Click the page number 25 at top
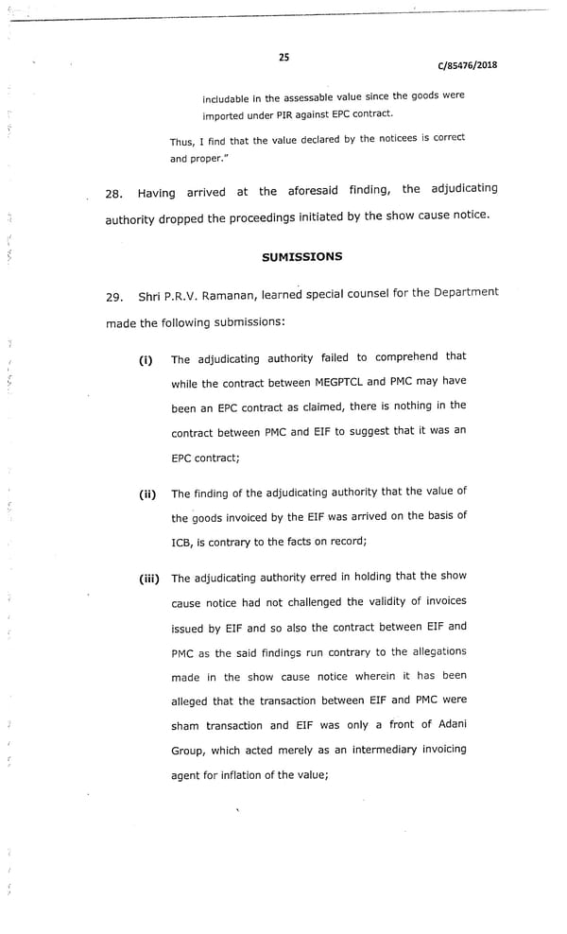tap(283, 58)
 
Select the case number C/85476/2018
tap(467, 65)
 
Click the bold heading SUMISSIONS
tap(301, 256)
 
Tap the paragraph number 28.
tap(115, 194)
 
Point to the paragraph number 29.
tap(115, 298)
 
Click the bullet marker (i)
tap(146, 359)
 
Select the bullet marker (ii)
tap(147, 493)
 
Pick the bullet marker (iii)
tap(150, 579)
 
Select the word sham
tap(186, 725)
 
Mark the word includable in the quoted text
tap(231, 97)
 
